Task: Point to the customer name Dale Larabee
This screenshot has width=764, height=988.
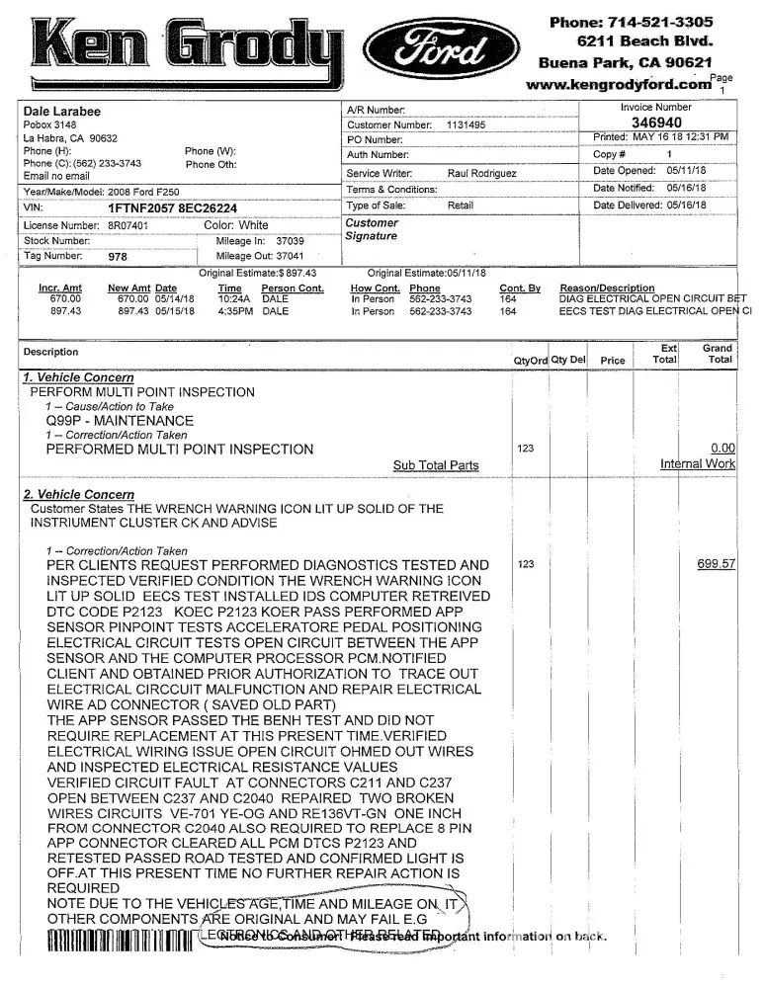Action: coord(61,112)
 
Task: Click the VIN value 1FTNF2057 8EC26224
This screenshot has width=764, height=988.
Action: coord(173,208)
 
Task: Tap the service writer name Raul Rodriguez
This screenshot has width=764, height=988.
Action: coord(481,173)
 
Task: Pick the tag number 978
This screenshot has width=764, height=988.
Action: coord(118,257)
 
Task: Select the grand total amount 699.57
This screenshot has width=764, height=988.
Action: coord(717,564)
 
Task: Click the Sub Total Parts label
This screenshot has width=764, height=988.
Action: coord(436,465)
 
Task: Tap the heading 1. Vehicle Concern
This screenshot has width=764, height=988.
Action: coord(78,377)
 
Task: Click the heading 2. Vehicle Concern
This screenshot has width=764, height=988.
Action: coord(78,494)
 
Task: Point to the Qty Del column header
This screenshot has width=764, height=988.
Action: coord(568,361)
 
